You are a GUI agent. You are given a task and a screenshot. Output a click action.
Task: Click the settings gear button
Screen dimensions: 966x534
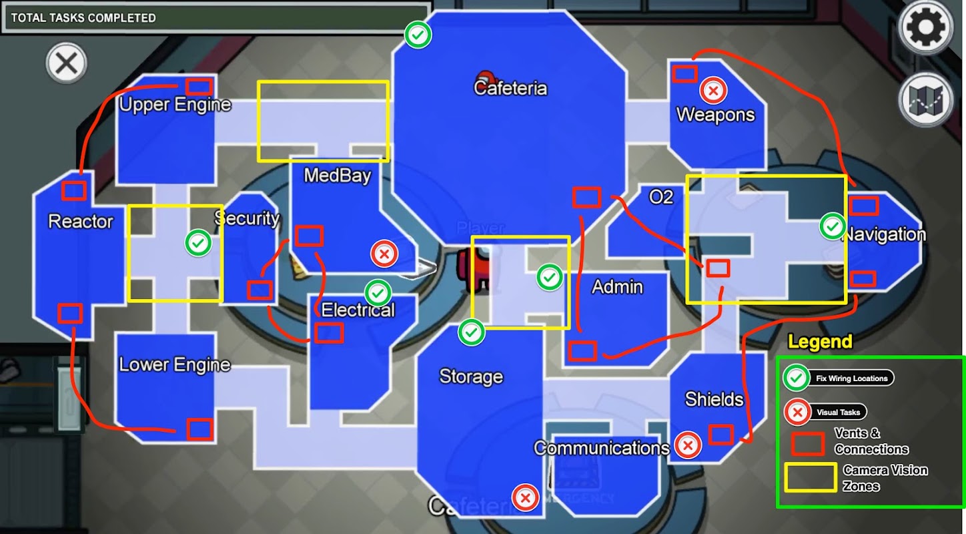coord(926,27)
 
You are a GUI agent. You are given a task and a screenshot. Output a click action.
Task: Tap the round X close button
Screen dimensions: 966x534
coord(67,63)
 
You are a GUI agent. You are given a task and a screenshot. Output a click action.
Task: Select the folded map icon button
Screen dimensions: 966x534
coord(925,101)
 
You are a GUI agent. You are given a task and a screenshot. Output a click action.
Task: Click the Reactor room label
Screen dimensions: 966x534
coord(80,222)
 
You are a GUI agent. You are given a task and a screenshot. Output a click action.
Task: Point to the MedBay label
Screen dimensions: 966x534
coord(338,176)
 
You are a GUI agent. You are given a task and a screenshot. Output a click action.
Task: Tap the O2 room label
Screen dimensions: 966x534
coord(660,197)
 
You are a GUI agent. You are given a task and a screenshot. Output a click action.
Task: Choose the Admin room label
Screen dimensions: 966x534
coord(617,287)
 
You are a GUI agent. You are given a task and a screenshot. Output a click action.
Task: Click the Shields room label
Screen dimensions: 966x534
coord(714,399)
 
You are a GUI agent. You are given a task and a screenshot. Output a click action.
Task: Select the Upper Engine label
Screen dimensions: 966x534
coord(175,105)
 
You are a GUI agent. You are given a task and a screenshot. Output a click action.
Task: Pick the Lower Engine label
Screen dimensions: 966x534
coord(175,365)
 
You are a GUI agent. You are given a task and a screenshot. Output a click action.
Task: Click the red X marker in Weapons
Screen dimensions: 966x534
coord(713,91)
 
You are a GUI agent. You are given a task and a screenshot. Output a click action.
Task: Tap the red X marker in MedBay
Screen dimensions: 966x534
coord(384,254)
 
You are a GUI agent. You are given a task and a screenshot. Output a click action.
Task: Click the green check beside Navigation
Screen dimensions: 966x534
coord(833,226)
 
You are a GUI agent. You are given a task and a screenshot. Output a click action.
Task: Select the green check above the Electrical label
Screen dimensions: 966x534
coord(378,293)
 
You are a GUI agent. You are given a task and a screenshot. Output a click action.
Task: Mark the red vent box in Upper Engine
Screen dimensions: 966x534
coord(199,87)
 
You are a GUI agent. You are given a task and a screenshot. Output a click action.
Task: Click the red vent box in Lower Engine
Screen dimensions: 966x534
coord(200,429)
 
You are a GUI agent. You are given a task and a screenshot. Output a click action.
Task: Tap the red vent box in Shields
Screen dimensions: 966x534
coord(721,435)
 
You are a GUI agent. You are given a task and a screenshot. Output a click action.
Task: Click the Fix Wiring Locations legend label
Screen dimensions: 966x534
coord(851,378)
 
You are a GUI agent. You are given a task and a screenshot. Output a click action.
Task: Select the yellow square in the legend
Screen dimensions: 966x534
coord(811,477)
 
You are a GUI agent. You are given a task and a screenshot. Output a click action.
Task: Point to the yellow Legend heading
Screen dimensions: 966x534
coord(820,342)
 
